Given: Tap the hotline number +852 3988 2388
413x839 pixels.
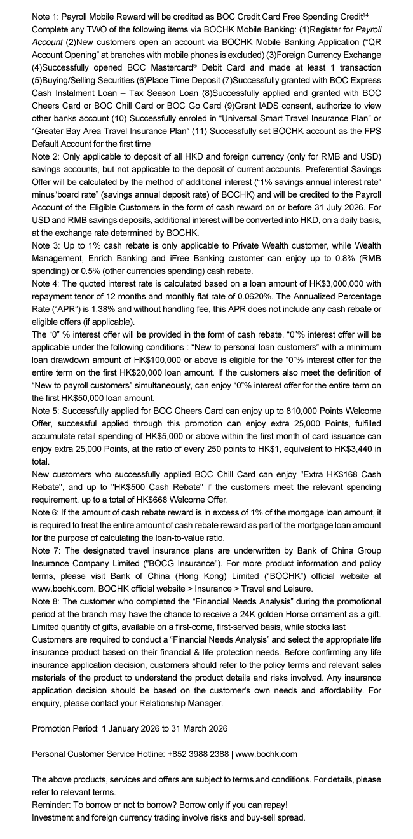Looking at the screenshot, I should coord(199,754).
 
